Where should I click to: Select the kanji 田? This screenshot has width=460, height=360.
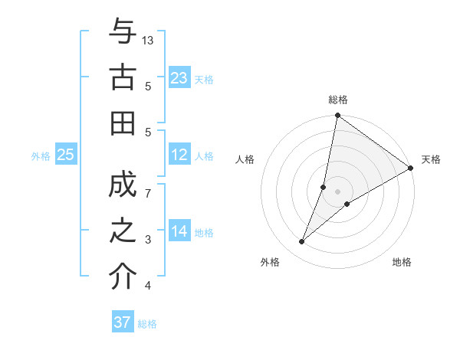click(x=123, y=123)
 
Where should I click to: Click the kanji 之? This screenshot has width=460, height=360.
click(x=123, y=232)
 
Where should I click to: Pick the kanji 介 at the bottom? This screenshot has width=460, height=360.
click(x=123, y=278)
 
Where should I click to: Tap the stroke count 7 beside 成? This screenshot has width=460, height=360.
click(x=148, y=193)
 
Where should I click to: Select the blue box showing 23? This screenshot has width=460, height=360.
click(x=179, y=78)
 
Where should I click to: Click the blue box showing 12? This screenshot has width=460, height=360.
click(x=179, y=155)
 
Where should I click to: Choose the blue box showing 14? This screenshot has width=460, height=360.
click(x=179, y=231)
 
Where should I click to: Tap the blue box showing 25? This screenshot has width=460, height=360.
click(x=65, y=155)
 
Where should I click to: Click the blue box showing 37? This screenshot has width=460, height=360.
click(x=123, y=322)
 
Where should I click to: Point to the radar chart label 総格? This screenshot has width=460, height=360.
click(x=337, y=100)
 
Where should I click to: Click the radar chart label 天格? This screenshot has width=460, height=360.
click(x=431, y=159)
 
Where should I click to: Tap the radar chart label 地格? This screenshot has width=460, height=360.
click(x=402, y=262)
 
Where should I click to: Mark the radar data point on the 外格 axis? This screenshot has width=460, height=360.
click(x=302, y=242)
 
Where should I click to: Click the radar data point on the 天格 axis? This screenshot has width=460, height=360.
click(x=411, y=169)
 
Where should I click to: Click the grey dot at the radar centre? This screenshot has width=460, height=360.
click(x=337, y=191)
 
